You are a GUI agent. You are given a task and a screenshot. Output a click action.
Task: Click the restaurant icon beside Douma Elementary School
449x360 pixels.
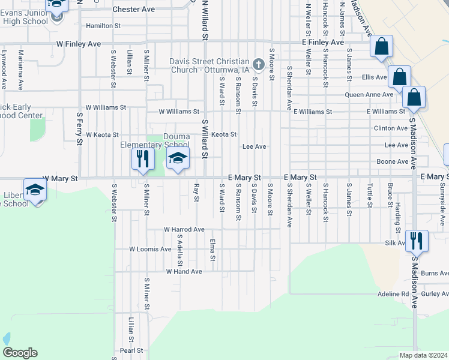143,159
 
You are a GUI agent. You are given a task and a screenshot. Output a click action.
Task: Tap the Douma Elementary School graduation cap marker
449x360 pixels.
178,159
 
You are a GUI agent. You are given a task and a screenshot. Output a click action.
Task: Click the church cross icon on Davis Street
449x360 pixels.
258,64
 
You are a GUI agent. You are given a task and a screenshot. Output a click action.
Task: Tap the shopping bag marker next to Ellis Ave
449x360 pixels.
399,77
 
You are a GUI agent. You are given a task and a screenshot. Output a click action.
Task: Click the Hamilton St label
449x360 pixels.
103,26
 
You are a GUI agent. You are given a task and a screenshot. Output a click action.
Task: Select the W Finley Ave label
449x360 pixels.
79,44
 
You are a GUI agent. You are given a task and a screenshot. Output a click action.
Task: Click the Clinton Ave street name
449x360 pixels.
391,128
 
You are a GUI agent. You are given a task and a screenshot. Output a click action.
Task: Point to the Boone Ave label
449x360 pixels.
393,162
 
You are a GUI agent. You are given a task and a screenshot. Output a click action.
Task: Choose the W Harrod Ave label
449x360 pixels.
185,230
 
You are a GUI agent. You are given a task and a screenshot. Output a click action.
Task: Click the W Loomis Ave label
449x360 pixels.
150,249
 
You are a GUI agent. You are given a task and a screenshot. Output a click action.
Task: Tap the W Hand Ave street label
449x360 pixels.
184,272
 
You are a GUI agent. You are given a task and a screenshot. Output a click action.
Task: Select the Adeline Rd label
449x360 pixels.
393,295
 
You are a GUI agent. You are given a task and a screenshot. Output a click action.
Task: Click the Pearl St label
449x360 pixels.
131,350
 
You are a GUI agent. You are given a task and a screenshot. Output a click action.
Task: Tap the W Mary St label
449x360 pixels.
60,179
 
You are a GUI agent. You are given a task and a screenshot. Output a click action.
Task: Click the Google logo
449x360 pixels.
20,353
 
